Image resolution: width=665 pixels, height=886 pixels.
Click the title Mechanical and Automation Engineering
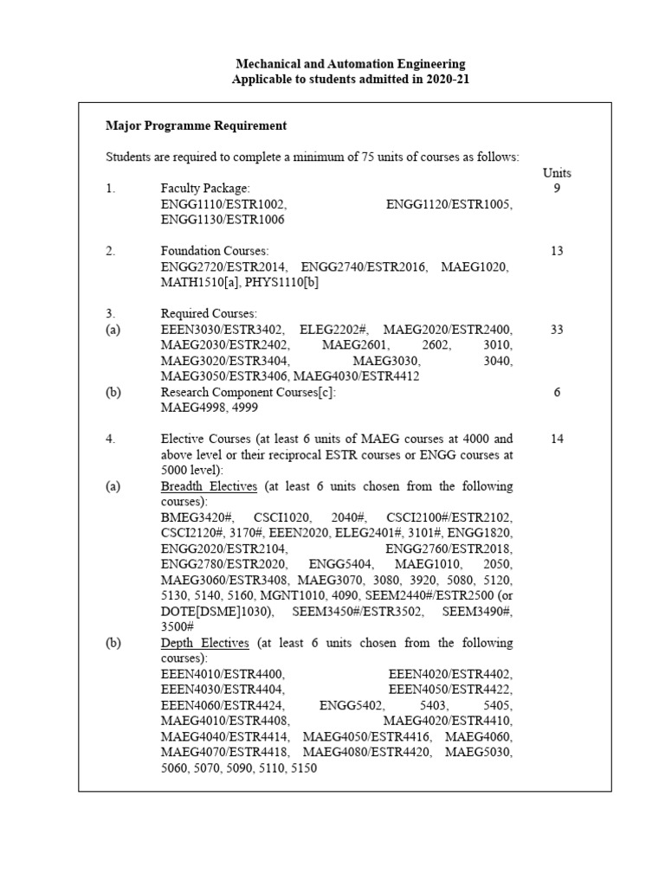pos(351,63)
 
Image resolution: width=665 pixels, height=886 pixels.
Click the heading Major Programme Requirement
pos(196,125)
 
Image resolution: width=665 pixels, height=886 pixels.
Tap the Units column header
pos(557,172)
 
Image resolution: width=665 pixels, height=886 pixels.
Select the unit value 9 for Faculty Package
pos(557,188)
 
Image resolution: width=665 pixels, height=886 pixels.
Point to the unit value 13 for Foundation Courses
pos(557,251)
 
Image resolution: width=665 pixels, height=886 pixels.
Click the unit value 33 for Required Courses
pos(557,330)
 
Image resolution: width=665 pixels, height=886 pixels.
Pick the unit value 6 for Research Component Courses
pos(557,392)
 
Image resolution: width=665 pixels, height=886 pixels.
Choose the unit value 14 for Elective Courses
pos(557,439)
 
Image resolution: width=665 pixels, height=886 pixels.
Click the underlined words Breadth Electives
pos(209,486)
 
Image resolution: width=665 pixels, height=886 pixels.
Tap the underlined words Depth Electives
pos(205,643)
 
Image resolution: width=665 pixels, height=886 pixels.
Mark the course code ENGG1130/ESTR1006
pos(223,220)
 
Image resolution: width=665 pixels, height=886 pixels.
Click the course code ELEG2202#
pos(334,330)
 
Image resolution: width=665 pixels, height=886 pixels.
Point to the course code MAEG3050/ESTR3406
pos(224,376)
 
